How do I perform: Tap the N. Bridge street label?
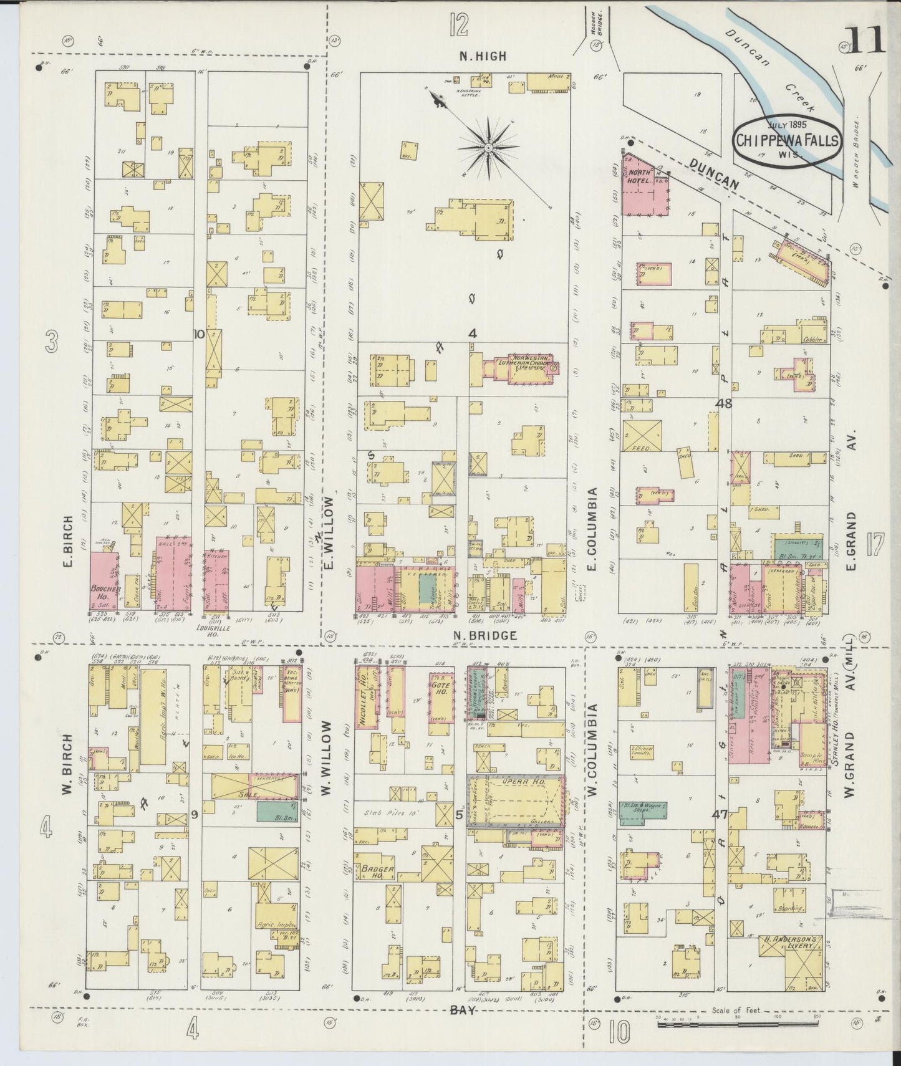pyautogui.click(x=476, y=636)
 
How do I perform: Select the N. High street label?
pyautogui.click(x=483, y=56)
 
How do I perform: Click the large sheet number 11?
pyautogui.click(x=866, y=41)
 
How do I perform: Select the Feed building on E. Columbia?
pyautogui.click(x=641, y=435)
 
